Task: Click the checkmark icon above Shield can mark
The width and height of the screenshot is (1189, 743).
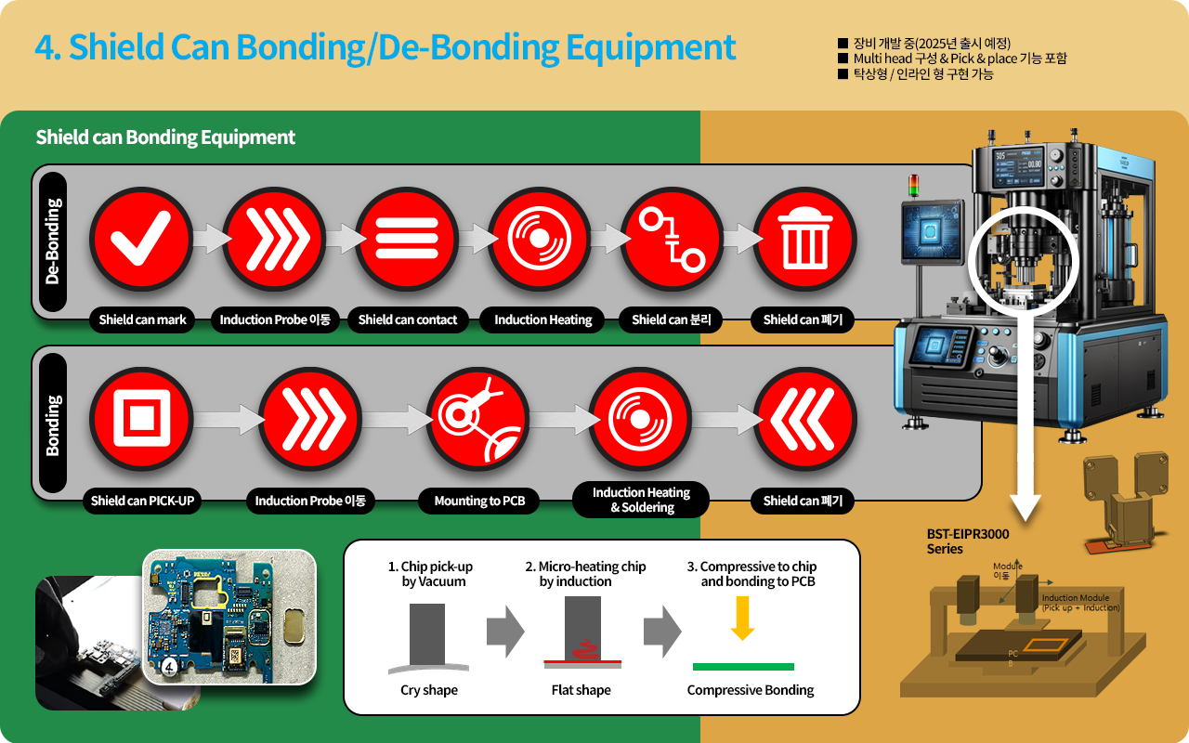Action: [x=141, y=239]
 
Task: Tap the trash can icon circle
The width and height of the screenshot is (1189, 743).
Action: [x=804, y=239]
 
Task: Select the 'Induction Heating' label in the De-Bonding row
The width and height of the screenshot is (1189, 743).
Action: [x=542, y=319]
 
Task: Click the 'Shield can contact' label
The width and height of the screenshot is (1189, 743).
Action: [x=408, y=319]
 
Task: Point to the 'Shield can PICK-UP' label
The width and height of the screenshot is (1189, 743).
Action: [x=142, y=501]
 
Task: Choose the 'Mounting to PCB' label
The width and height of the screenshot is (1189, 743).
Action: [x=479, y=501]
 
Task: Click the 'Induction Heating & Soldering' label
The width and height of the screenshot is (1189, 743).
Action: [x=641, y=500]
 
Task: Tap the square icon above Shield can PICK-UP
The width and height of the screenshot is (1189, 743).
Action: [x=141, y=420]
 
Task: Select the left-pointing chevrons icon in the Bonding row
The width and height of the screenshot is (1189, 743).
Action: [x=804, y=420]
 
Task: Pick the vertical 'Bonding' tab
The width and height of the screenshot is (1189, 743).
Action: [x=53, y=424]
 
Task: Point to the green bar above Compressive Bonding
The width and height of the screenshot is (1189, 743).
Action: [x=743, y=666]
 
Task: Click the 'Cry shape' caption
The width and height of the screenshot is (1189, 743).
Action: [x=429, y=690]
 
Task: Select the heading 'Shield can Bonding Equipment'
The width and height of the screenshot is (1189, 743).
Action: [x=165, y=137]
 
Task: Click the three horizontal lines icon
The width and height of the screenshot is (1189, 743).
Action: [x=407, y=239]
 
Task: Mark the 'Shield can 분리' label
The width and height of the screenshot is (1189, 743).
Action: [x=671, y=319]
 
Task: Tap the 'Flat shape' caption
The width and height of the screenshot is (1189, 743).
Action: [x=581, y=690]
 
